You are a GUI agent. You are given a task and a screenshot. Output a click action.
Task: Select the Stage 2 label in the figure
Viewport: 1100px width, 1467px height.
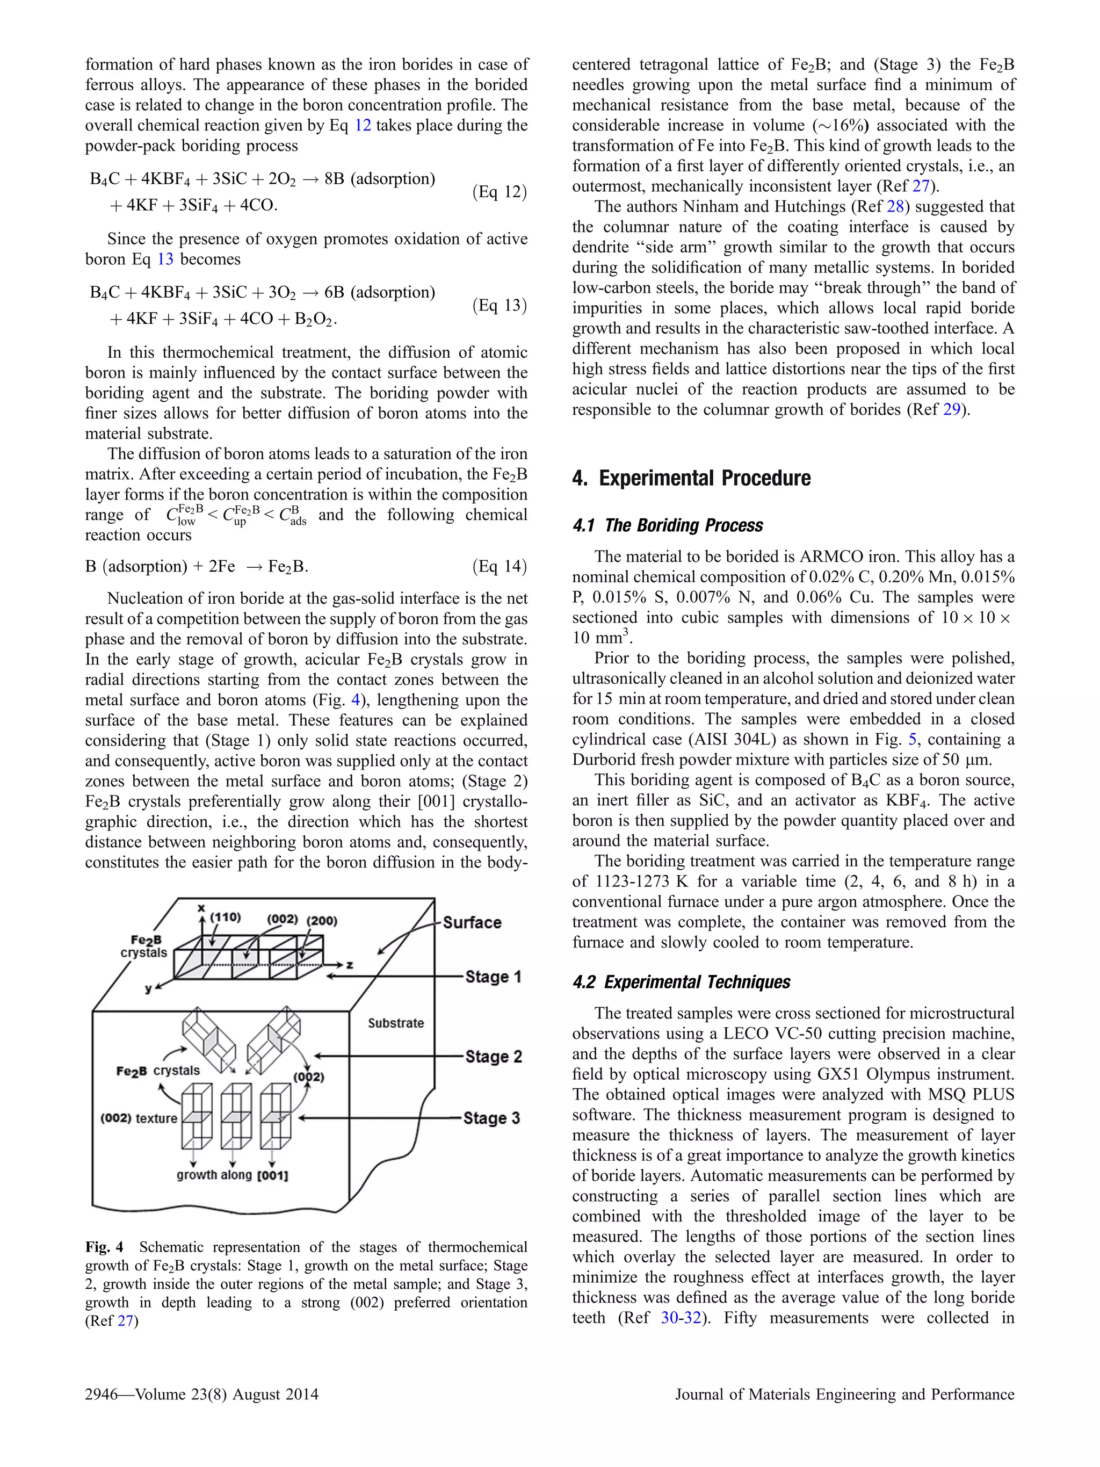[x=493, y=1056]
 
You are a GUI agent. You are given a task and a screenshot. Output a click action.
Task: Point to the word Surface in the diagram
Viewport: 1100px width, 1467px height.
[x=472, y=922]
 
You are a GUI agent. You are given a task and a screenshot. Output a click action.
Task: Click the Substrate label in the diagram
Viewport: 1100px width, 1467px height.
[x=396, y=1023]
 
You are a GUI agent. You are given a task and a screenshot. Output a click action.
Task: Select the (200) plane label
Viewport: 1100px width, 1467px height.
[x=322, y=921]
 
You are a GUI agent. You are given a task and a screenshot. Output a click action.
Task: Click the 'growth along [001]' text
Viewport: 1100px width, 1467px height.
[x=232, y=1175]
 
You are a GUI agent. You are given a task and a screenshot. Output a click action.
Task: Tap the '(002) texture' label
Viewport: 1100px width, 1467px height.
[x=139, y=1118]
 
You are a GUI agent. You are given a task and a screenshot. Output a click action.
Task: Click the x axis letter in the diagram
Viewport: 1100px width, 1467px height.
[x=201, y=908]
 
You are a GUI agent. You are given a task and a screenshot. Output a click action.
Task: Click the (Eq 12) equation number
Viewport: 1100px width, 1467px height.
[x=500, y=192]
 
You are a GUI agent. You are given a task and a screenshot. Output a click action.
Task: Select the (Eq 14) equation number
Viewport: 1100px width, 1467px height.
[x=500, y=566]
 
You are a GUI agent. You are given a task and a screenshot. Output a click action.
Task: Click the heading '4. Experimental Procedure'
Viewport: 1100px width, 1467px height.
[x=691, y=478]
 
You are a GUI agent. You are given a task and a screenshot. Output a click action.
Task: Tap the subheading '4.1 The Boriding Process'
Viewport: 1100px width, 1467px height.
[x=667, y=525]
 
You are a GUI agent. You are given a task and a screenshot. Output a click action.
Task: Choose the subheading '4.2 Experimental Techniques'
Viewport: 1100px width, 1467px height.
[x=681, y=981]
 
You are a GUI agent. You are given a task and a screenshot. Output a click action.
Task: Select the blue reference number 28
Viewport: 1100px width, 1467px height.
[x=895, y=206]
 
